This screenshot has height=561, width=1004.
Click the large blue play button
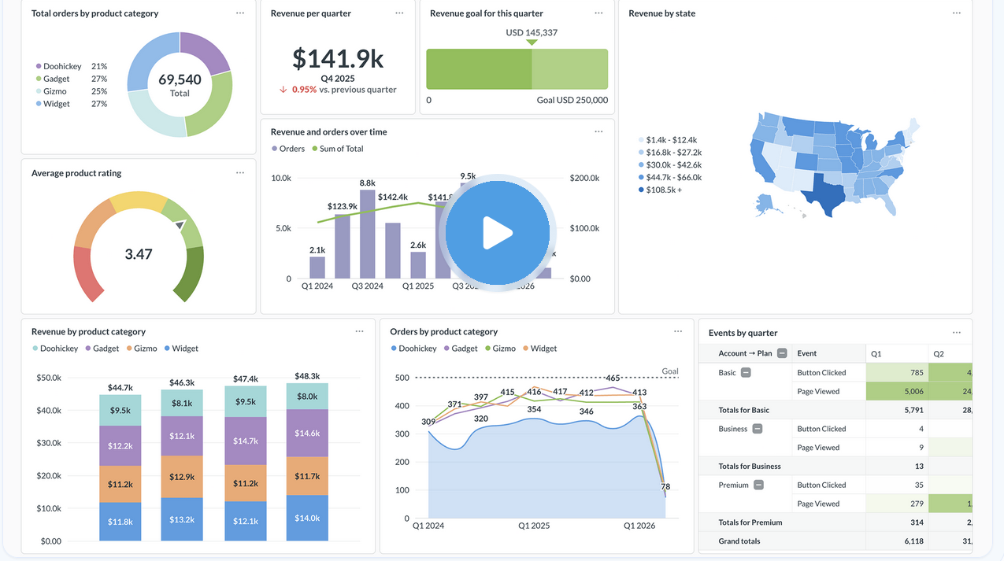[x=497, y=233]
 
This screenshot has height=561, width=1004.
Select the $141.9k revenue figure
[x=338, y=59]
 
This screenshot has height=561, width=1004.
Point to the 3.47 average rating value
[x=139, y=254]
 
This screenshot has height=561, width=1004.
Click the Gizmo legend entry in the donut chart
[x=55, y=91]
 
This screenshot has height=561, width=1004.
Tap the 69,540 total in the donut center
[x=180, y=79]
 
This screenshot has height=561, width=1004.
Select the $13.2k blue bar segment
[x=182, y=519]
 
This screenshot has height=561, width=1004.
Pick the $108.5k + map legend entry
[x=663, y=190]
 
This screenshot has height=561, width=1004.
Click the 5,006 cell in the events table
[x=897, y=391]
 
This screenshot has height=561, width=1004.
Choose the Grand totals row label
[x=739, y=541]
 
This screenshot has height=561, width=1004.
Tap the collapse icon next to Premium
[x=758, y=485]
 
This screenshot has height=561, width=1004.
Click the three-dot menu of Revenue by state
[x=956, y=13]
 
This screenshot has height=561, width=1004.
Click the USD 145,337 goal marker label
[x=532, y=32]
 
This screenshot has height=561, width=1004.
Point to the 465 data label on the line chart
[x=613, y=378]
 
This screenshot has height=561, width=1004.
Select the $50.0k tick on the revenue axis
[x=49, y=378]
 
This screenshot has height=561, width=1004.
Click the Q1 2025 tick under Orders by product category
[x=534, y=526]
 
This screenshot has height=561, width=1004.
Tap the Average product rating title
[x=76, y=173]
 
